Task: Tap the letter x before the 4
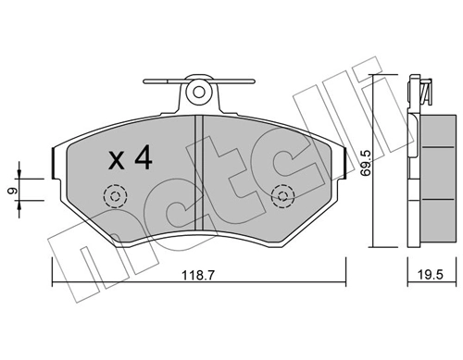(117, 161)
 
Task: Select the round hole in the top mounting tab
(197, 92)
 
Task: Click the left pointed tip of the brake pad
(53, 160)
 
